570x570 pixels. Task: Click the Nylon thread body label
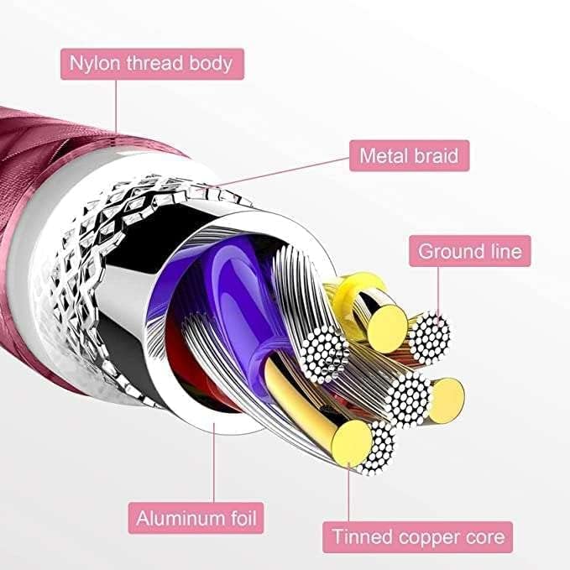151,63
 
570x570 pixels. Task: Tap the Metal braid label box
409,155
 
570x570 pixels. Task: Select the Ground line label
470,250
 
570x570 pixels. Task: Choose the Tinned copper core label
419,536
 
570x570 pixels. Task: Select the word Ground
450,250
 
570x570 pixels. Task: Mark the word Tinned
362,536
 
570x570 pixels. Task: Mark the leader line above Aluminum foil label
213,462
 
